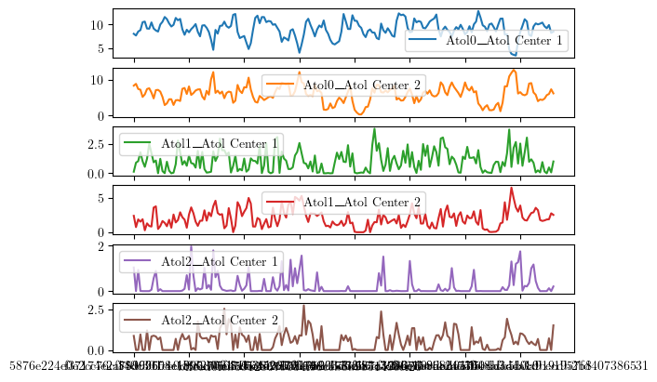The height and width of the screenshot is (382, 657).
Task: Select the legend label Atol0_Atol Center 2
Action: [363, 86]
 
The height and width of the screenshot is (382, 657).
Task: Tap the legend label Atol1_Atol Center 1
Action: [220, 144]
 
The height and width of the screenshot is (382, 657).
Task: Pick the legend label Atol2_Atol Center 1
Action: [220, 261]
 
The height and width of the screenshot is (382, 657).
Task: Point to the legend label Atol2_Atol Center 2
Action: [220, 320]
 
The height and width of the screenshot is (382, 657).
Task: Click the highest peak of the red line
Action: [511, 188]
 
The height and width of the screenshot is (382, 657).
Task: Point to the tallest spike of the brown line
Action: [303, 305]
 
